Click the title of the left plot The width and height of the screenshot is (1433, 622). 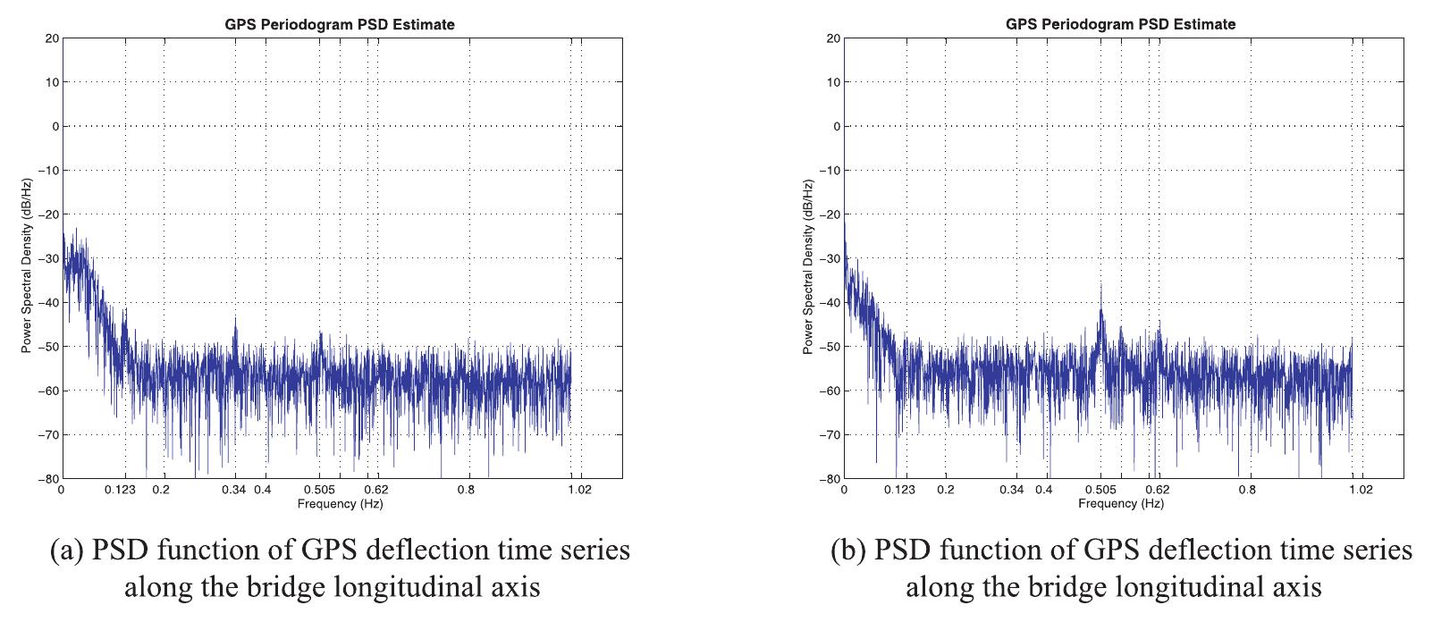[x=339, y=24]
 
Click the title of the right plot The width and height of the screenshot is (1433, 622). [x=1120, y=24]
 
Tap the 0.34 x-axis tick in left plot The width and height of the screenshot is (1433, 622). [x=235, y=490]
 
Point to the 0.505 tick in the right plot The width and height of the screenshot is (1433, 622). [x=1100, y=490]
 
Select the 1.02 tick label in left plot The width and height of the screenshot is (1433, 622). [x=579, y=490]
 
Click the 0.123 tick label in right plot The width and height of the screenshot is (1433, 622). [x=900, y=490]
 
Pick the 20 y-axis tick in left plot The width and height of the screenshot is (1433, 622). [x=53, y=38]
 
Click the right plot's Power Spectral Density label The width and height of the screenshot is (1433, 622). [x=807, y=265]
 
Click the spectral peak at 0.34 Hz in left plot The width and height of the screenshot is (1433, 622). [x=235, y=318]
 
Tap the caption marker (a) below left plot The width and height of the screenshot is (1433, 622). [x=68, y=551]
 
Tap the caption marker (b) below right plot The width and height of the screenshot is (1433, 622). [x=848, y=551]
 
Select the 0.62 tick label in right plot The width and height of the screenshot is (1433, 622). [x=1158, y=490]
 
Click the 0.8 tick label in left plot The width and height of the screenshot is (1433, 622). [x=466, y=490]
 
